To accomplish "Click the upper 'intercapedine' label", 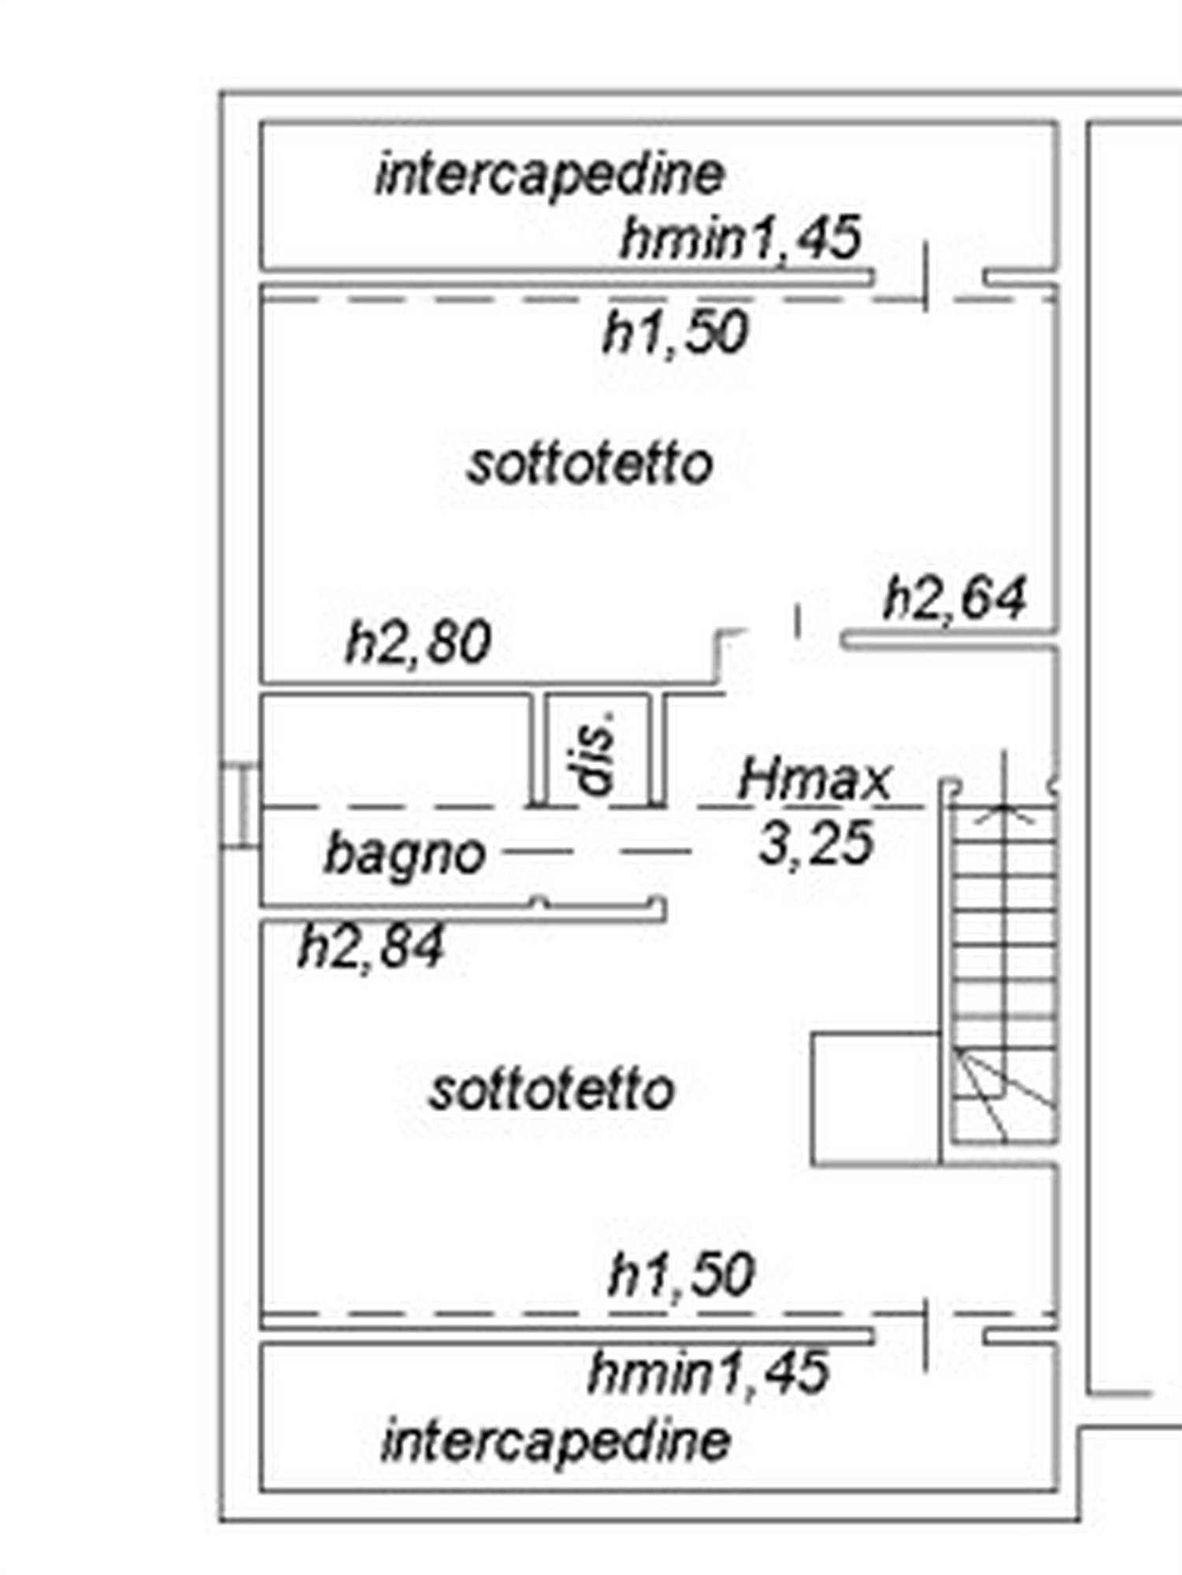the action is click(550, 175).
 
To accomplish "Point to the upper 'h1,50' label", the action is click(675, 332).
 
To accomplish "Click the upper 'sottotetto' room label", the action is click(591, 465).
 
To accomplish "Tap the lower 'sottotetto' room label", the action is click(552, 1091).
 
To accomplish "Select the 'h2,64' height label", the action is click(955, 598).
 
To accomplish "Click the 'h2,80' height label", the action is click(419, 642).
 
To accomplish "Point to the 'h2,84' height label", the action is click(372, 946).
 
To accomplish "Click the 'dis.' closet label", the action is click(596, 753).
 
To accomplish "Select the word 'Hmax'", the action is click(814, 780).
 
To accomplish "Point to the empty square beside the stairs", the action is click(875, 1099).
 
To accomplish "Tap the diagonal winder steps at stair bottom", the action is click(1004, 1095).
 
